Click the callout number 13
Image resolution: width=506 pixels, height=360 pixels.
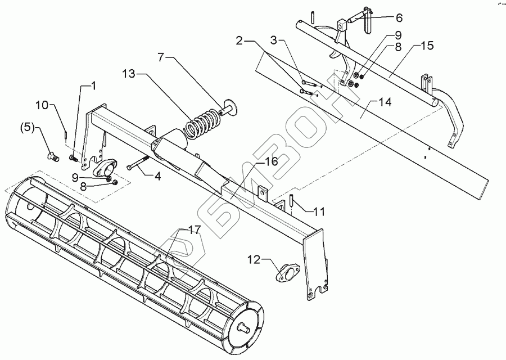(128, 74)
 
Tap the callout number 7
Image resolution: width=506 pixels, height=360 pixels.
(161, 57)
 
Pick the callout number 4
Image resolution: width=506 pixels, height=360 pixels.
(157, 175)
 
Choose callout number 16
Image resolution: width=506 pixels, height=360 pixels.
(271, 162)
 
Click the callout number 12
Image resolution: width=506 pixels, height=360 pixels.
(254, 259)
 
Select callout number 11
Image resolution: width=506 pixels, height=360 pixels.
(319, 213)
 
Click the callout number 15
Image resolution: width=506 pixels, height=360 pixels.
(428, 46)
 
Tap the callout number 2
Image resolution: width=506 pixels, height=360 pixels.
(239, 40)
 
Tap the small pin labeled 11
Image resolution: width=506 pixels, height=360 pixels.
(292, 200)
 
